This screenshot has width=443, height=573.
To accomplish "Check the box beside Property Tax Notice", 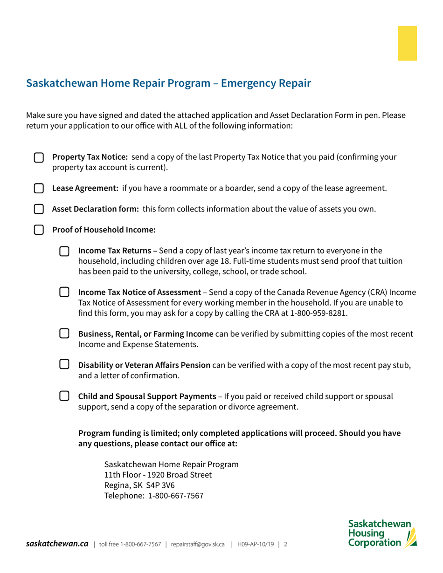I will tap(39, 158).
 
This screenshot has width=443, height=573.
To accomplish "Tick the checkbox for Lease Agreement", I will tap(39, 189).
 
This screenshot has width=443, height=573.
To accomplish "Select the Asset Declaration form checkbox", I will tap(39, 209).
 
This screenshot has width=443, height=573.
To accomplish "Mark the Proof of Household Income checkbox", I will tap(39, 230).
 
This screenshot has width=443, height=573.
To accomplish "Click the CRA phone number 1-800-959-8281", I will tap(318, 313).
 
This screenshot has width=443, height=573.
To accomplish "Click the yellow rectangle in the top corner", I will tap(407, 43).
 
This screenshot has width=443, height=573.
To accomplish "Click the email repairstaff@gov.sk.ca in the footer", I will tap(198, 544).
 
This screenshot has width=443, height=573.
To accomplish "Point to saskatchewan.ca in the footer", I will tap(57, 544).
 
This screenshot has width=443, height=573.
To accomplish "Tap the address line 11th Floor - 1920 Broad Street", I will tap(158, 475).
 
